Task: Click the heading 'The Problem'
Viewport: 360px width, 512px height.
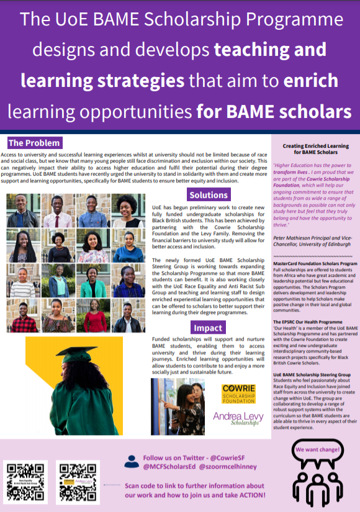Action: pos(35,143)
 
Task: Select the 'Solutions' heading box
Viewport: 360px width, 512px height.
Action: pos(208,194)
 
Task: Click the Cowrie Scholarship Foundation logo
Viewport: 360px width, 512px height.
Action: pos(238,393)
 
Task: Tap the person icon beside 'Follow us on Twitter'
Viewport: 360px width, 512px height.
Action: pos(130,460)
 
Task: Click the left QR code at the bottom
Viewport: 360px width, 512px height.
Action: pos(25,478)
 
